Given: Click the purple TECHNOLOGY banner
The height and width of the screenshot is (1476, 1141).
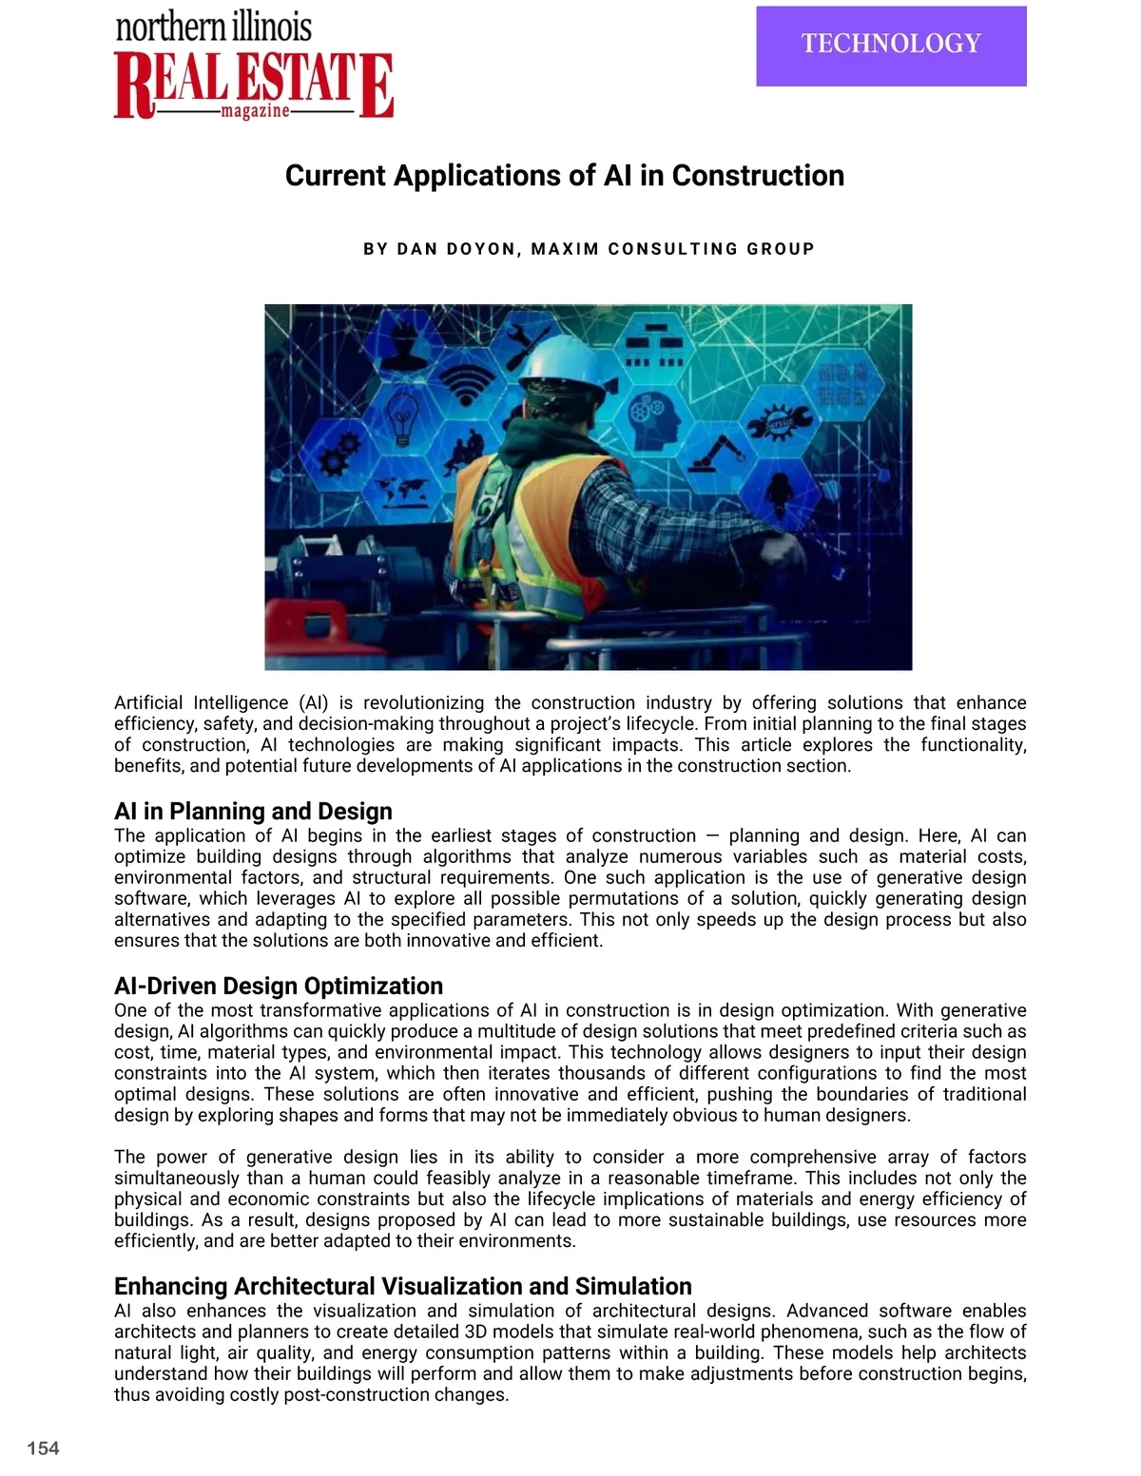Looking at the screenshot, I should pyautogui.click(x=891, y=46).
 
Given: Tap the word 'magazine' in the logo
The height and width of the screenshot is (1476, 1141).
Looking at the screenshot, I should pyautogui.click(x=254, y=112).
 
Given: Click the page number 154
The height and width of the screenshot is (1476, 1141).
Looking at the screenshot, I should pyautogui.click(x=43, y=1447).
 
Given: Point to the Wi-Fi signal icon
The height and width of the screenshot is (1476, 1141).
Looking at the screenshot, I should pyautogui.click(x=465, y=379).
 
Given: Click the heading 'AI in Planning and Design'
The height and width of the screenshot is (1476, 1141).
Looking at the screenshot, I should pyautogui.click(x=253, y=811).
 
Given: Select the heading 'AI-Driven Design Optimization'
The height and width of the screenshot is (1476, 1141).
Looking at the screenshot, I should pyautogui.click(x=279, y=986).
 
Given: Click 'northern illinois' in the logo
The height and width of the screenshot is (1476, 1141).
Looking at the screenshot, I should pyautogui.click(x=214, y=27).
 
